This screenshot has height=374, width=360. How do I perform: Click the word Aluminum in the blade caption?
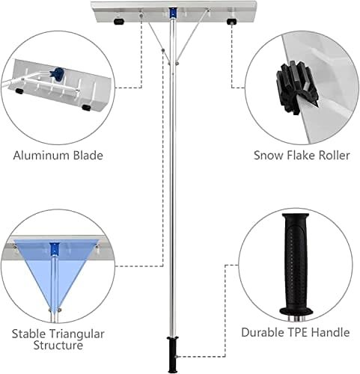tap(42, 156)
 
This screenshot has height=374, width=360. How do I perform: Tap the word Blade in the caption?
tap(88, 156)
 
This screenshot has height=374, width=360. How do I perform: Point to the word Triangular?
tap(76, 334)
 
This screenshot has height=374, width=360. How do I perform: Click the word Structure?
tap(58, 346)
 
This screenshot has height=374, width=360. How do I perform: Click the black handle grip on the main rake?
tap(172, 354)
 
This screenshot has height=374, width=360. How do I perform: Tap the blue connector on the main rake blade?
tap(172, 13)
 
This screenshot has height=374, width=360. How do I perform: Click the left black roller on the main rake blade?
tap(119, 22)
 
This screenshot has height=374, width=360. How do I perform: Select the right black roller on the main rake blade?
tap(231, 22)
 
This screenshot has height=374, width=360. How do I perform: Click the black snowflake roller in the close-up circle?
tap(296, 88)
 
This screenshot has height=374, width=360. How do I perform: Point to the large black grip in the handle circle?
tap(296, 264)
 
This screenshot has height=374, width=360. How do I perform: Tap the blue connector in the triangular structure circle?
tap(55, 248)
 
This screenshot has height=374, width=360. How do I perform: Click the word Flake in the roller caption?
tap(298, 156)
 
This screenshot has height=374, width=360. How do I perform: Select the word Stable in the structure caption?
tap(28, 334)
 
